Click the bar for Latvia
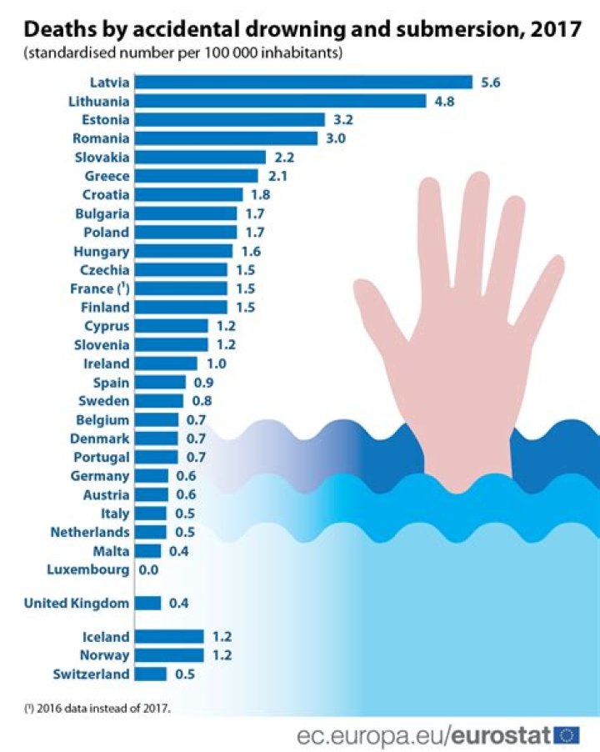pos(303,82)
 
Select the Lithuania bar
pos(280,101)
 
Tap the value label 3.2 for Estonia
pos(342,119)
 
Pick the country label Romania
pos(101,138)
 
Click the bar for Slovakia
pos(200,157)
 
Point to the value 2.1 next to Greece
pos(275,176)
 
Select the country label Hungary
pos(101,251)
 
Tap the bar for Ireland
pos(166,363)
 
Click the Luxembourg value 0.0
pos(149,570)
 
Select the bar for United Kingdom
pos(147,603)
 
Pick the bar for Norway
pos(169,654)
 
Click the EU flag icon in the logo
pos(567,734)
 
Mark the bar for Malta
pos(147,551)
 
